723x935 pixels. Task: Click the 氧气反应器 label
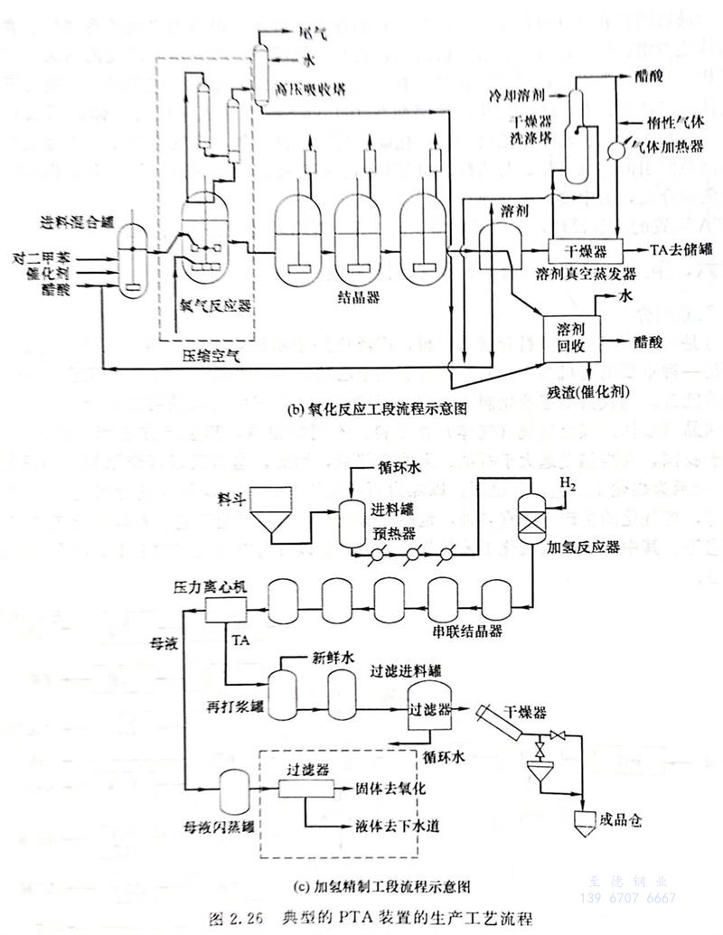coord(215,304)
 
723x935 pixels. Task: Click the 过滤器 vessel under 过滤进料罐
coord(430,710)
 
